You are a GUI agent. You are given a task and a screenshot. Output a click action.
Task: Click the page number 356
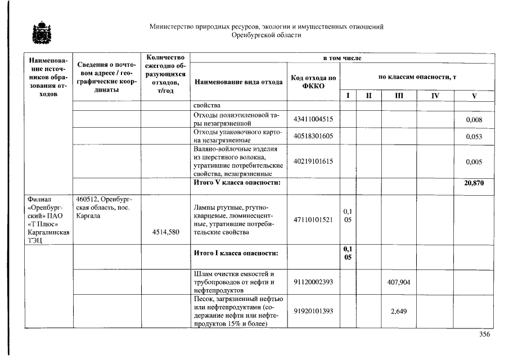(x=484, y=334)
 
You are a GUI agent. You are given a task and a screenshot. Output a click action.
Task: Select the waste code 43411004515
(x=313, y=119)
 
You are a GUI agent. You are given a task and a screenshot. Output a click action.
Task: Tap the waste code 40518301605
(x=313, y=136)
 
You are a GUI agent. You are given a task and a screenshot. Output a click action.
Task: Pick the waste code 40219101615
(x=313, y=161)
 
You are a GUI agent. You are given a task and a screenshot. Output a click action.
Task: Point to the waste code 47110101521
(x=313, y=219)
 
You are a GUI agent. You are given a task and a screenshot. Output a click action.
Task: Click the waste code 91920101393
(x=313, y=311)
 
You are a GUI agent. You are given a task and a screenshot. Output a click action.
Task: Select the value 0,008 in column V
(x=474, y=120)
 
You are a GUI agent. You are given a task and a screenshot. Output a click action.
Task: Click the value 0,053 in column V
(x=474, y=137)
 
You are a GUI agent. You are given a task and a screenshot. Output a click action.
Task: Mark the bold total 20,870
(x=474, y=183)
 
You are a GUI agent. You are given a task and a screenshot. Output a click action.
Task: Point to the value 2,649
(x=398, y=311)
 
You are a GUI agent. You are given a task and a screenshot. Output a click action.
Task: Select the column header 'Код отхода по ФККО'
(x=313, y=82)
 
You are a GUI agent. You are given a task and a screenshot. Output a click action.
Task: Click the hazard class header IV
(x=435, y=96)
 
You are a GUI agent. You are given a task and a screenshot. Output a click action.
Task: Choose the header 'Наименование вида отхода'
(x=238, y=82)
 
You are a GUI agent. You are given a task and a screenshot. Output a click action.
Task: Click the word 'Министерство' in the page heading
(x=172, y=26)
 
